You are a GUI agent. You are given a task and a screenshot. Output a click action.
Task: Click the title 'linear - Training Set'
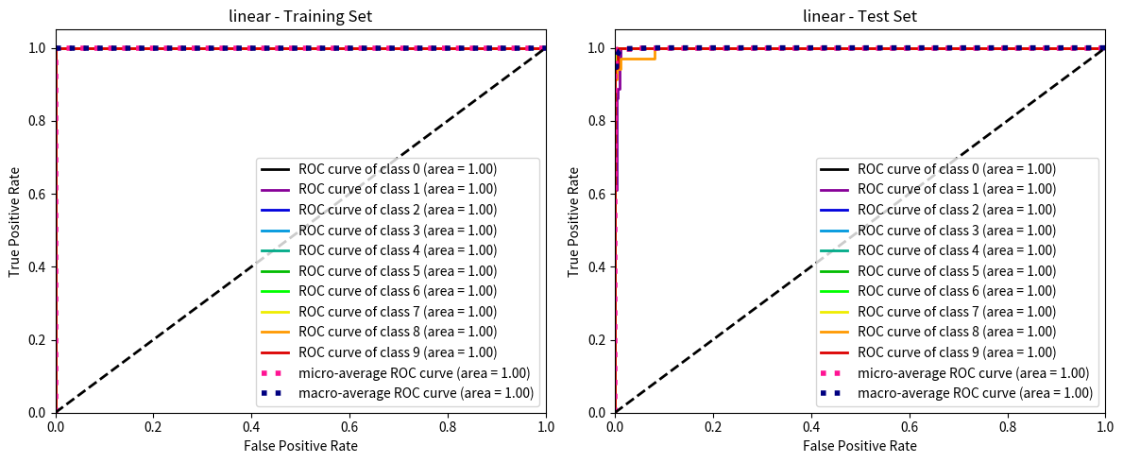pos(300,15)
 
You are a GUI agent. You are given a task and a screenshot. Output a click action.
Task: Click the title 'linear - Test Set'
pos(859,15)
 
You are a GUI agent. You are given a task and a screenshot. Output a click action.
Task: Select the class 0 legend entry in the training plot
pos(397,169)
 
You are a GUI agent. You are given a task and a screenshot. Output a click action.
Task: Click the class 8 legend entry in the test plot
pos(956,332)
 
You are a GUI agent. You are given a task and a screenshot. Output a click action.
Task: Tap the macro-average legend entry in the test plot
pos(975,393)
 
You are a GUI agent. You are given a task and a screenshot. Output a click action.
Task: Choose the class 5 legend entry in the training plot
pos(397,271)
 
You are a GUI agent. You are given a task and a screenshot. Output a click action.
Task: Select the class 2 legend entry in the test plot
pos(956,210)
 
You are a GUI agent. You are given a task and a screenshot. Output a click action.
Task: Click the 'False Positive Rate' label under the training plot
pos(300,445)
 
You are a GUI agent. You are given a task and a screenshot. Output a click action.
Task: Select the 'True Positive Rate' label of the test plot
pos(573,230)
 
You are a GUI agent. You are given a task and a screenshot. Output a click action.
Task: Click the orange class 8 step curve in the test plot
pos(638,59)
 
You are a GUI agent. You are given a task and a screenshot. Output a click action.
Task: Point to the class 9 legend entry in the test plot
pos(956,352)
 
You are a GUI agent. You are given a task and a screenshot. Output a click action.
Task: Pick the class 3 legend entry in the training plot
pos(397,231)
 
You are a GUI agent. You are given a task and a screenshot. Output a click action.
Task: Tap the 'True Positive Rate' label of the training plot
pos(14,230)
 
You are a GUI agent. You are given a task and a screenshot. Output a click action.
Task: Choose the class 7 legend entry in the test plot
pos(956,312)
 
